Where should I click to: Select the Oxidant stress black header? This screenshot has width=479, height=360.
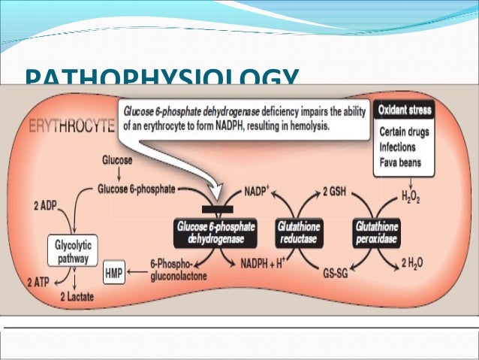(405, 110)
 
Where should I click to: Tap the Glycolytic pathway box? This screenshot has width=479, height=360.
(73, 250)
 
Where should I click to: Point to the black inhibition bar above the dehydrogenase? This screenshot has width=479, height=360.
(218, 209)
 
